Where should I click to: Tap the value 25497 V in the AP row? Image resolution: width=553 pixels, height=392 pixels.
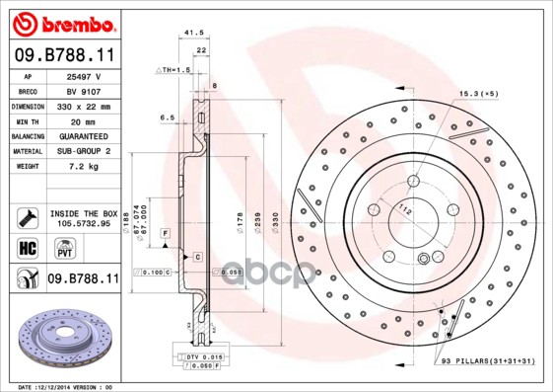tap(85, 76)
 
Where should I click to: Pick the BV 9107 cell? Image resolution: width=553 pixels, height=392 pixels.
tap(85, 90)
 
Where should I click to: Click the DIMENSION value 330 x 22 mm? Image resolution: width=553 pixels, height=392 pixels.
tap(85, 105)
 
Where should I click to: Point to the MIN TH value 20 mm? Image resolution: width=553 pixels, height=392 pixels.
tap(85, 119)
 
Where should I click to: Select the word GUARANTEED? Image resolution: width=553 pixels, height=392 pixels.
tap(85, 134)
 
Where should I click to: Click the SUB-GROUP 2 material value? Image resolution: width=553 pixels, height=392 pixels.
tap(85, 150)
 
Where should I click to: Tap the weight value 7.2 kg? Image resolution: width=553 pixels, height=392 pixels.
tap(85, 166)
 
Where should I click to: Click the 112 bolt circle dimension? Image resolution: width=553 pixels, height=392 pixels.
tap(405, 207)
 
